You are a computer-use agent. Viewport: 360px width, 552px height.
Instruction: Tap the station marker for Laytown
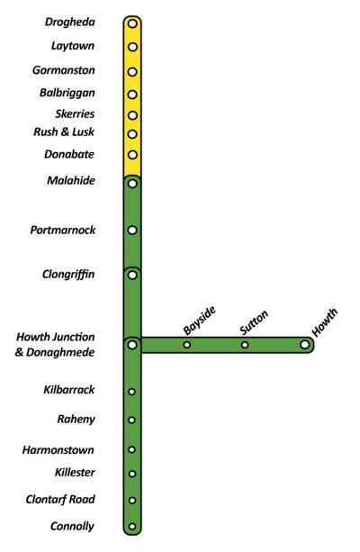coord(132,46)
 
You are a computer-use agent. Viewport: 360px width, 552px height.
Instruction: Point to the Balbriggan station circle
coord(132,93)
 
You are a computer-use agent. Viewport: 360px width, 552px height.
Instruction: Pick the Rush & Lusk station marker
coord(132,134)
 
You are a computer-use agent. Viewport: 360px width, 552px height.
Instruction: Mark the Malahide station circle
coord(132,184)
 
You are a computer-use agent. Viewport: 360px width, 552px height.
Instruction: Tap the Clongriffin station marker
coord(132,274)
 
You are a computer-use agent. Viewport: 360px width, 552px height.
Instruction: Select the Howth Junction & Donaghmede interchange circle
coord(132,344)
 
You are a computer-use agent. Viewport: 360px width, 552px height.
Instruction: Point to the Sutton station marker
coord(245,345)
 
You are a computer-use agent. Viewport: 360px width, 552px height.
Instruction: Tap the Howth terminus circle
coord(305,344)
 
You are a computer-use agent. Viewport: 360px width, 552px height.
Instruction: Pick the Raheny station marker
coord(132,420)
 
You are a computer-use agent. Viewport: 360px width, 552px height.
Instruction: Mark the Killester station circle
coord(132,473)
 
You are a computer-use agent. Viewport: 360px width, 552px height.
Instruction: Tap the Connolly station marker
coord(132,527)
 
